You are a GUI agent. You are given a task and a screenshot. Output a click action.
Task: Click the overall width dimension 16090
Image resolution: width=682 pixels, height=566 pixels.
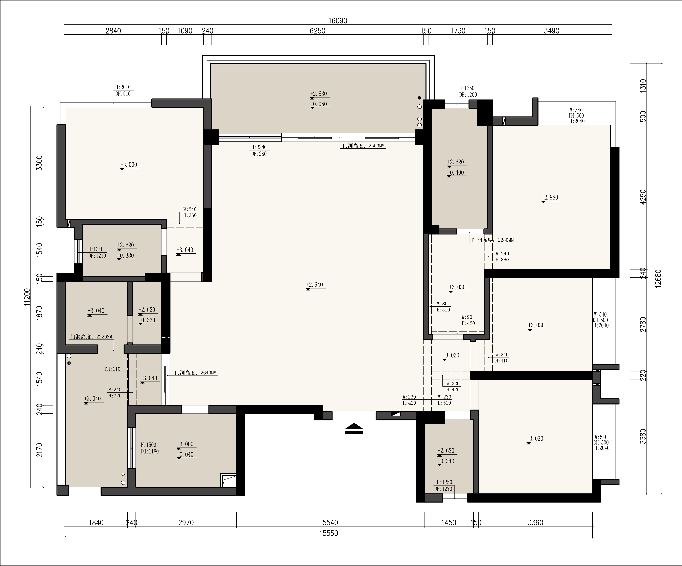(x=338, y=21)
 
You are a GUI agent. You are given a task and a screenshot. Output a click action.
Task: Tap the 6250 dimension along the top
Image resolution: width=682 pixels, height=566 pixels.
(x=317, y=31)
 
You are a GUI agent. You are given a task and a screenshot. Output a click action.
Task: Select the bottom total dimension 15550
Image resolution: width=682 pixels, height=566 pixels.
(x=329, y=533)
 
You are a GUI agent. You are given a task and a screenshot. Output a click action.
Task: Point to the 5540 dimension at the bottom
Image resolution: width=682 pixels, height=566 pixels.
(x=330, y=523)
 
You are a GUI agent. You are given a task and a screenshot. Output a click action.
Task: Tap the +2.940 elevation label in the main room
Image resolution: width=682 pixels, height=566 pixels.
(x=314, y=285)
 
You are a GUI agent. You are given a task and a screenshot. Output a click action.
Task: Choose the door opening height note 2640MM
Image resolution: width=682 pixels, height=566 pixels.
(x=196, y=373)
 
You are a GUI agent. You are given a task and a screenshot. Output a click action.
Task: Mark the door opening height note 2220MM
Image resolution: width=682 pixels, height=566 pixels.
(x=91, y=337)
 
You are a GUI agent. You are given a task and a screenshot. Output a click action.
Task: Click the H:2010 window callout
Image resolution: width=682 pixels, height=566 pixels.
(x=123, y=87)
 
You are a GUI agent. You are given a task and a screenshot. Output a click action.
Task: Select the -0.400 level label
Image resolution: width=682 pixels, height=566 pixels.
(x=455, y=173)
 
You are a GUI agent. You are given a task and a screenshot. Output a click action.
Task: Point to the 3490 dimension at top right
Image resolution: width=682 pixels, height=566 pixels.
(x=551, y=31)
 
